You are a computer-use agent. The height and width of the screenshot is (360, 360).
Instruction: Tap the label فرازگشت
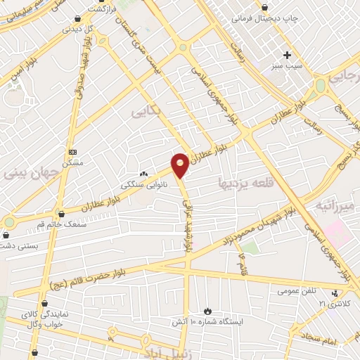tap(102, 9)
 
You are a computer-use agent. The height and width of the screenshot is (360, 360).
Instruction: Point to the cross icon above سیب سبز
tap(286, 54)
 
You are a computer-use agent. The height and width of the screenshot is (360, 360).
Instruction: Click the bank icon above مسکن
tap(72, 152)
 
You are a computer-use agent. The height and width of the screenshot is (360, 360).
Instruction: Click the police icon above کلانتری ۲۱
tap(335, 293)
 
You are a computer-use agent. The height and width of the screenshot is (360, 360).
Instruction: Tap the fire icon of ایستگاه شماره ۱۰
tap(207, 311)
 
